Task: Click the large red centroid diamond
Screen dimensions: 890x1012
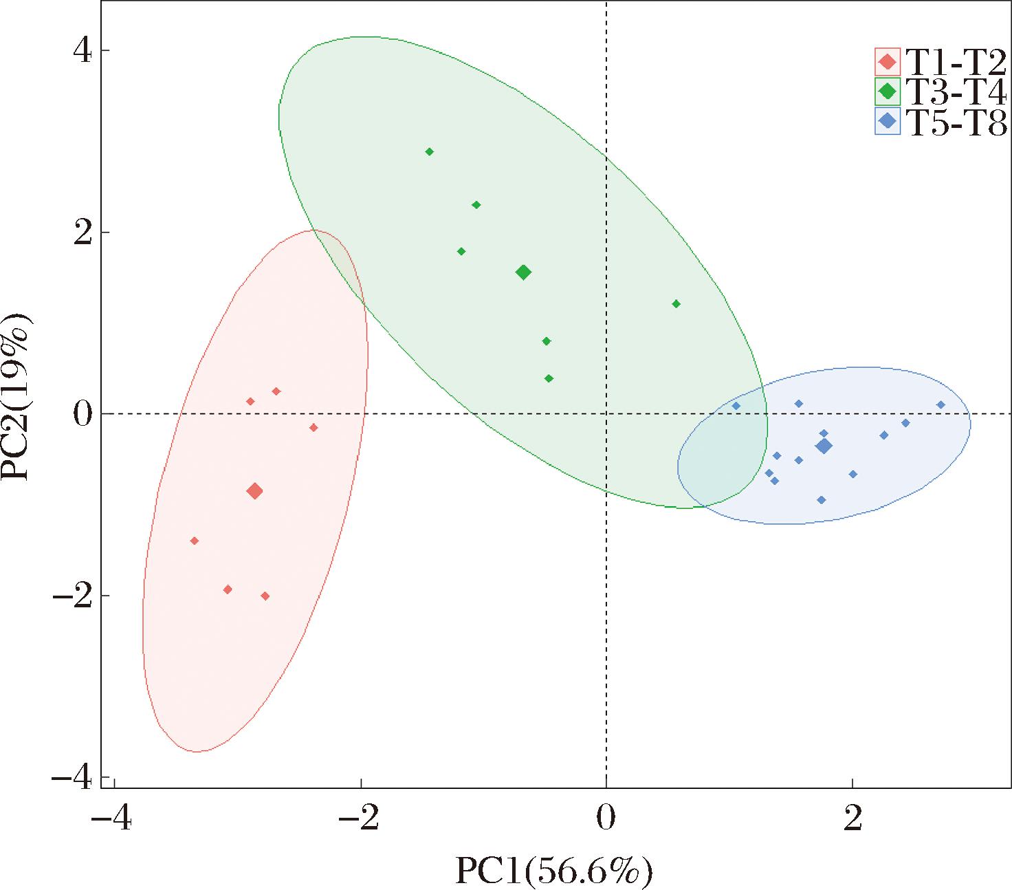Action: click(x=255, y=491)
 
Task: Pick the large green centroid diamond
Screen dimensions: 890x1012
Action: click(x=523, y=272)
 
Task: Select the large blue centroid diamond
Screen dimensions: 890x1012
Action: click(x=824, y=446)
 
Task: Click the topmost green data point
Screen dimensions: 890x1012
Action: click(x=430, y=152)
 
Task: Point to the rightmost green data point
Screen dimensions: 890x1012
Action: click(x=676, y=304)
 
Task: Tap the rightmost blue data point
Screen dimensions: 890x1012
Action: click(x=941, y=405)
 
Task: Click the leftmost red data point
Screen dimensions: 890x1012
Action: click(x=195, y=541)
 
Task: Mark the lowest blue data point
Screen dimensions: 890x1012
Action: click(x=821, y=500)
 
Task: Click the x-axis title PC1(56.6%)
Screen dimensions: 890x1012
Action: click(x=553, y=871)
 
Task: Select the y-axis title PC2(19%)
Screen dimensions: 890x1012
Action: click(x=17, y=397)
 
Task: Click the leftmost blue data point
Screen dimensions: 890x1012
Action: click(x=736, y=406)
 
